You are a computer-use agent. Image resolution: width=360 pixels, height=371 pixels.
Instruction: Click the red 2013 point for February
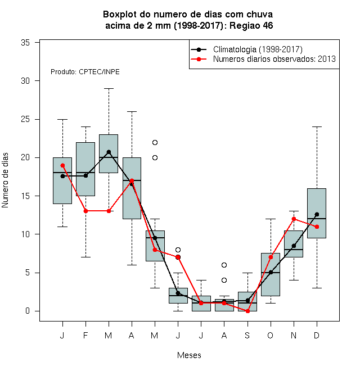(85, 211)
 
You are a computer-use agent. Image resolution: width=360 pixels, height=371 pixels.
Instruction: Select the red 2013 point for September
(247, 311)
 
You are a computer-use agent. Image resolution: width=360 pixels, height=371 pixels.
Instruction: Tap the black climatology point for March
(109, 152)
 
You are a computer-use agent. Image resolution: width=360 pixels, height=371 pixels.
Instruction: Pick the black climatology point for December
(317, 214)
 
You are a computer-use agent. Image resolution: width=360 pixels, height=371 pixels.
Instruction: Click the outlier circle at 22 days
(155, 142)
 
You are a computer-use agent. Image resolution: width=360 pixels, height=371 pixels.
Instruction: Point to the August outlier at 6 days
(224, 265)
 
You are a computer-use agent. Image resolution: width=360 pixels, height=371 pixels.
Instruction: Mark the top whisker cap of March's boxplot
(109, 88)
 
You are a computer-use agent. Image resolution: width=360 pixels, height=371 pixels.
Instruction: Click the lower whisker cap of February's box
(85, 257)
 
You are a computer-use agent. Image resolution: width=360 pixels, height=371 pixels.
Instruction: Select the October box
(271, 274)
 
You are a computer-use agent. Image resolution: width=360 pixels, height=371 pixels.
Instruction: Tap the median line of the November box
(294, 250)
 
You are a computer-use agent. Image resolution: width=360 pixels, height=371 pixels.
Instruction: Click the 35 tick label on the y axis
(25, 43)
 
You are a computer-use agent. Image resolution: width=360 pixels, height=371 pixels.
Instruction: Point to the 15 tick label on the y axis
(25, 196)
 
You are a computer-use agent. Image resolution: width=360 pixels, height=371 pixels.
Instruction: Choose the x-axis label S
(247, 335)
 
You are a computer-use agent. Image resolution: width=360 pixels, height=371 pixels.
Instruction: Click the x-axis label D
(317, 335)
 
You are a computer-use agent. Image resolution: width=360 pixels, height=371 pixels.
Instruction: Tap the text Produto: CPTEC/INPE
(85, 72)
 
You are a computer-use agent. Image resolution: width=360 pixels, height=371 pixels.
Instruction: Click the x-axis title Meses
(189, 355)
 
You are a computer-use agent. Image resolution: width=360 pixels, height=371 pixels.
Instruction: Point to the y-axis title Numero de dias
(5, 180)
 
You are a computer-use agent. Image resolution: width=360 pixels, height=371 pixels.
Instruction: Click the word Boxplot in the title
(120, 15)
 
